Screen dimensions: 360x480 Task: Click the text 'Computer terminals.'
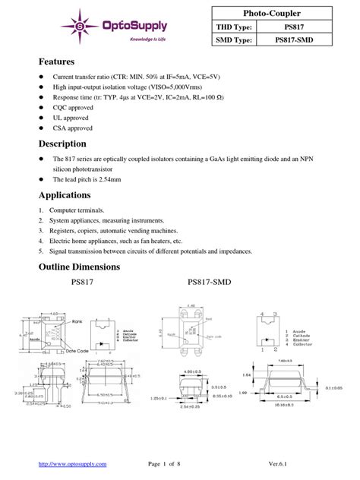click(77, 209)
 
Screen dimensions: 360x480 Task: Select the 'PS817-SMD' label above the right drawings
click(209, 282)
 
